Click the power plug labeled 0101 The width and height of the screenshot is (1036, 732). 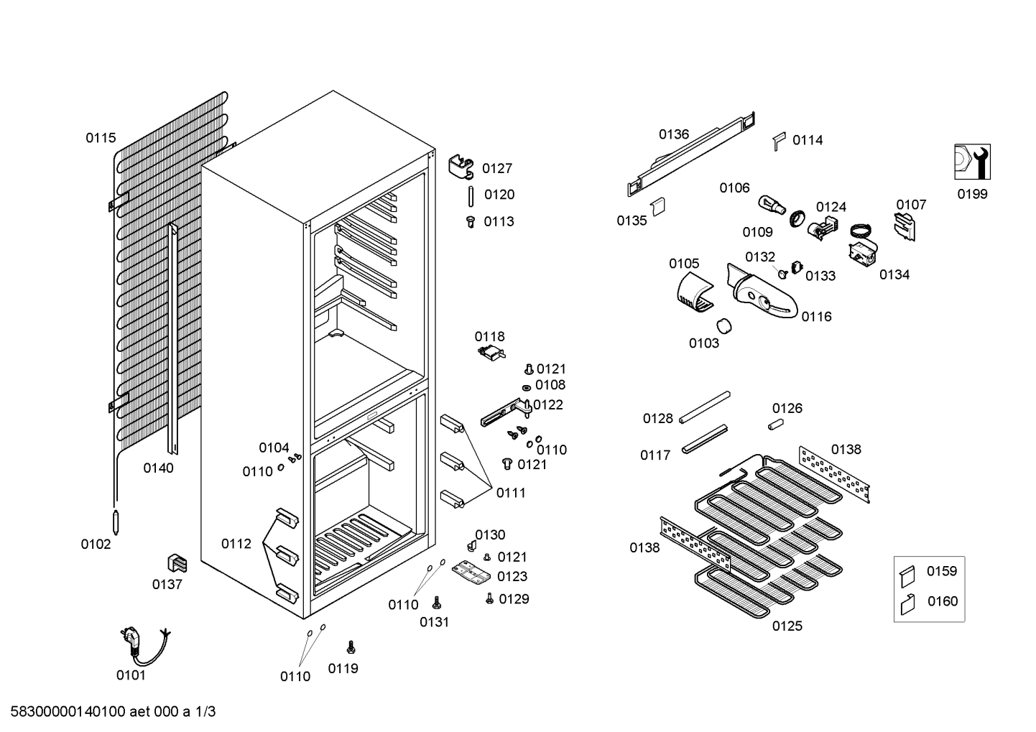point(144,646)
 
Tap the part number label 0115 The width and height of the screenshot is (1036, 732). point(101,138)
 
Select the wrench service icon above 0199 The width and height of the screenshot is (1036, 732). point(972,162)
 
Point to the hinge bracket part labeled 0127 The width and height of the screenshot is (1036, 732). point(461,167)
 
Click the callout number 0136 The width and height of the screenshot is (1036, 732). point(674,134)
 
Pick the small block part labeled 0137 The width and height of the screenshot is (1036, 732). point(177,564)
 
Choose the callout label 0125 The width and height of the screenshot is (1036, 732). point(787,626)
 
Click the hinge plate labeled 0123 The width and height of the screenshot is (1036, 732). point(471,573)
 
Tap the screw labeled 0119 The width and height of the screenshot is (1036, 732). point(351,647)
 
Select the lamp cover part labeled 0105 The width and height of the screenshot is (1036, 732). point(694,292)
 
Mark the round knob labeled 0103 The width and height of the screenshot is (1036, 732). point(724,325)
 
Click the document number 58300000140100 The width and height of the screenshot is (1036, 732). point(68,712)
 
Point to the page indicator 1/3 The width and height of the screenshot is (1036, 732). point(205,712)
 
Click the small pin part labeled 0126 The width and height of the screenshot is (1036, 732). point(776,424)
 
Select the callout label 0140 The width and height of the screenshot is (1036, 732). point(158,468)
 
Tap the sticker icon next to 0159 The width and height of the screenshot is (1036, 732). point(907,577)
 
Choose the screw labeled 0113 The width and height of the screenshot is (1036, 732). point(471,221)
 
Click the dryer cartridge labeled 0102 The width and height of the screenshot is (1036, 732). point(116,522)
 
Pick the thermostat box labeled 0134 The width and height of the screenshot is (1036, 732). point(863,254)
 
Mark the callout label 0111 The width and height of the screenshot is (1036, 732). point(511,494)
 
